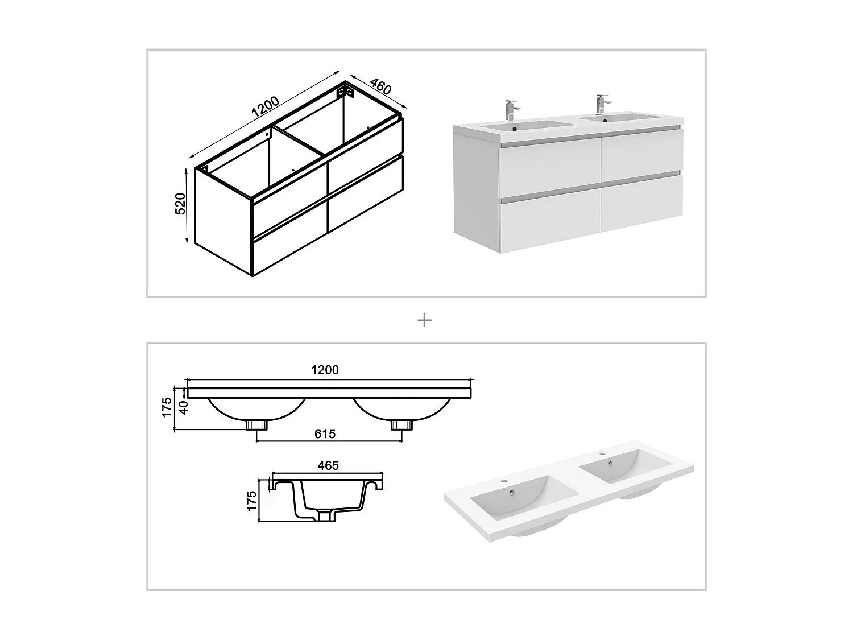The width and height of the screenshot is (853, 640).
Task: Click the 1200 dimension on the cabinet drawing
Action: coord(265,106)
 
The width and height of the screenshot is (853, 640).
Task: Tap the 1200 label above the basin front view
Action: coord(325,370)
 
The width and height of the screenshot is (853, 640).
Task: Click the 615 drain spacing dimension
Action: coord(325,434)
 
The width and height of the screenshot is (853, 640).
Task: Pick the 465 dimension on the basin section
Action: coord(328,465)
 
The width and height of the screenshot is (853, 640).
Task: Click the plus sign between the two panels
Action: coord(424,321)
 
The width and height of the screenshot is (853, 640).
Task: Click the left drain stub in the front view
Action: coord(256,424)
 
